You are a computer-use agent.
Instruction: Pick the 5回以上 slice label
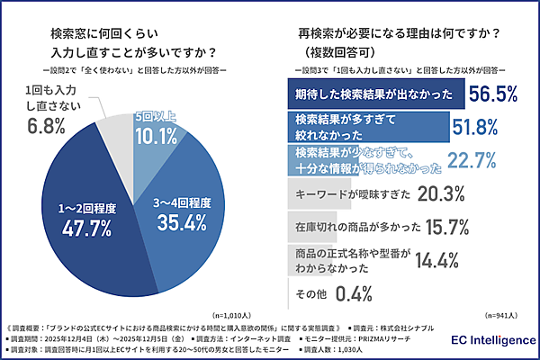157,117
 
